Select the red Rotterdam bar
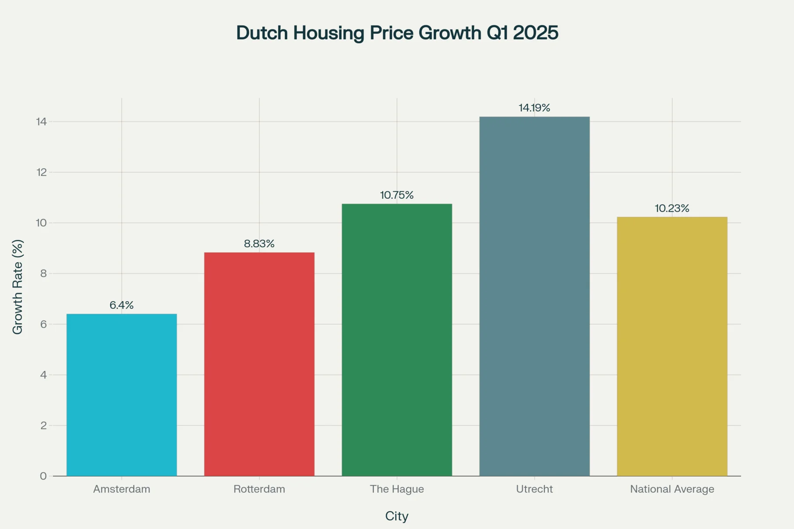259,364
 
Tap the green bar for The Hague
397,340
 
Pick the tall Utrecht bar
535,296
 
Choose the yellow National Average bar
672,346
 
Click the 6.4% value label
122,305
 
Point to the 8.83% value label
259,244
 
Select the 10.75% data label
397,195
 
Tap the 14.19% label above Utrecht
535,108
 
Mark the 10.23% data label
672,208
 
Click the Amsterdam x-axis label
122,489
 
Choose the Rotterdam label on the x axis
259,489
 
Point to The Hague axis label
397,489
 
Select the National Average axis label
672,489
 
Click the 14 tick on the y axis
41,122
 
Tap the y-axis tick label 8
43,273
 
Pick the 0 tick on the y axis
43,476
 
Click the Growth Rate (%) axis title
18,287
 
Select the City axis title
397,516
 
